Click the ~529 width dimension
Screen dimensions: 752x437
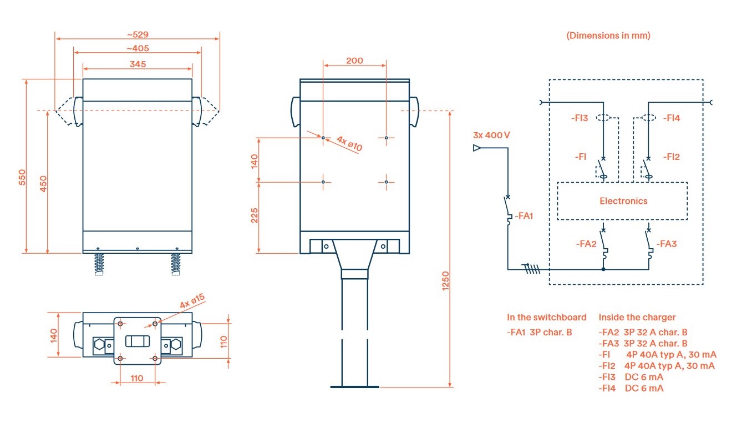(x=138, y=34)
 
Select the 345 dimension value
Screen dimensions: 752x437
(x=138, y=64)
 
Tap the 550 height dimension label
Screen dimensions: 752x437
(x=22, y=177)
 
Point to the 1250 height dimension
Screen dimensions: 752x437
(x=445, y=281)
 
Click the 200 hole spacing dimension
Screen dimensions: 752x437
(x=354, y=61)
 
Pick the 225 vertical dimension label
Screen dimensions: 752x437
(x=255, y=215)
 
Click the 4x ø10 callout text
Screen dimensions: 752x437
(x=349, y=143)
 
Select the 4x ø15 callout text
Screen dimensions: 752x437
(x=192, y=301)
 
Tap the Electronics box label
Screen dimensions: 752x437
(x=623, y=201)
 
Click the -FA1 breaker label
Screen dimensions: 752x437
(x=524, y=216)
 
